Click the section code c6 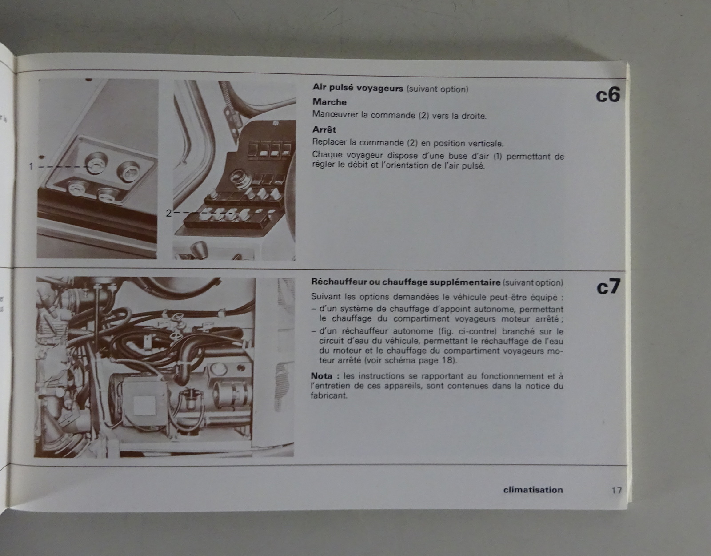pos(608,95)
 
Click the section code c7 pos(608,287)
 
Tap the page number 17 pos(617,490)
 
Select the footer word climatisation pos(533,490)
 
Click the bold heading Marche pos(329,102)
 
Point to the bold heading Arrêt pos(324,129)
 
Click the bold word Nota pos(322,375)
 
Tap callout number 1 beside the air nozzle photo pos(31,167)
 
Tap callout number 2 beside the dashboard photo pos(168,213)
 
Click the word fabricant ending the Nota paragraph pos(328,395)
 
